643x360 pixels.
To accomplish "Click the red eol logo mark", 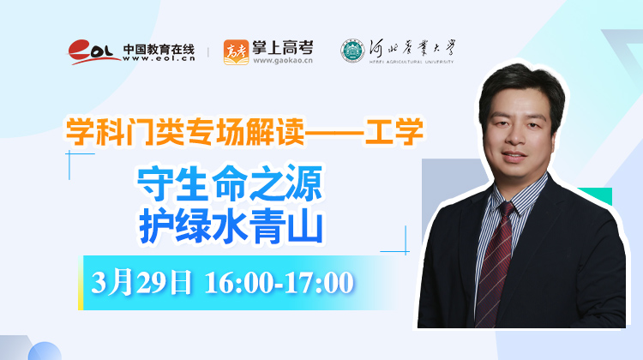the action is coord(93,51).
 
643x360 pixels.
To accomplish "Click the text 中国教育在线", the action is coord(159,50).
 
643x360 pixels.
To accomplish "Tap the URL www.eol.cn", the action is coord(159,58).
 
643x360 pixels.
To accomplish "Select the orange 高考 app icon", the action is coord(236,52).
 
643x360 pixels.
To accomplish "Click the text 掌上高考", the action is coord(283,48).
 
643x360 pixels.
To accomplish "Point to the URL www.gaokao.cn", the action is coord(283,61).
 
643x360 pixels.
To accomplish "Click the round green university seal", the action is coord(352,51).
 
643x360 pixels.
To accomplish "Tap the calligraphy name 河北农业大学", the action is coord(412,49).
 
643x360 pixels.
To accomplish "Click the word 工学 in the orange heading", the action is coord(394,131).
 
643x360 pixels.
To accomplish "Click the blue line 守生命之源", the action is coord(230,183).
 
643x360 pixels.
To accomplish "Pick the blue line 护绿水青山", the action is coord(231,227).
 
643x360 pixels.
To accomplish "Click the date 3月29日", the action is coord(141,282).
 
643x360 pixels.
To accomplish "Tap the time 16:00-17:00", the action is coord(279,283).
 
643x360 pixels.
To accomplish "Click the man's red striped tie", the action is coord(495,262).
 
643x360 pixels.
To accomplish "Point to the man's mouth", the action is coord(514,156).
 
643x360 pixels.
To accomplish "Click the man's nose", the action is coord(515,136).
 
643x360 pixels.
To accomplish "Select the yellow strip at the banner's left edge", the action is coord(81,283).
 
